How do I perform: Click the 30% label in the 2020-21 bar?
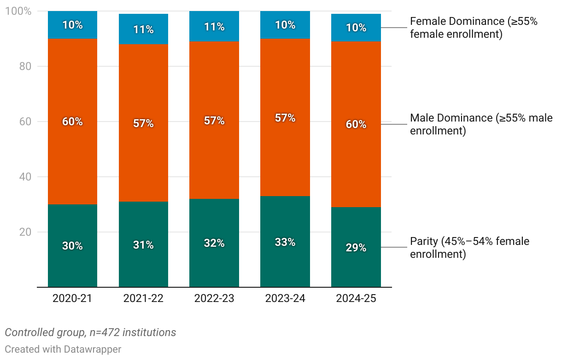[x=72, y=246]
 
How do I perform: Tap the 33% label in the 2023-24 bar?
[x=285, y=242]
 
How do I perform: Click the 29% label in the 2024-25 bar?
[x=356, y=248]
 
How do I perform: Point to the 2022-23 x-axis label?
[x=214, y=298]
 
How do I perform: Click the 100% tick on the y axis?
[x=18, y=11]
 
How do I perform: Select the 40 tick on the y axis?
[x=25, y=177]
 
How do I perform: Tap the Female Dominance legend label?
[x=474, y=28]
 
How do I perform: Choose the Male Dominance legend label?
[x=481, y=124]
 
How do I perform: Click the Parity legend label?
[x=469, y=248]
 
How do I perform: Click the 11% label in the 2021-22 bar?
[x=143, y=29]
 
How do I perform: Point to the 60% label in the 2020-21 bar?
[x=72, y=122]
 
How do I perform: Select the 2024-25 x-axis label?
[x=356, y=298]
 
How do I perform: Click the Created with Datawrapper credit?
[x=63, y=349]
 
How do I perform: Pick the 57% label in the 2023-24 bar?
[x=285, y=118]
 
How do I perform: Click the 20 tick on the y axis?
[x=25, y=232]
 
